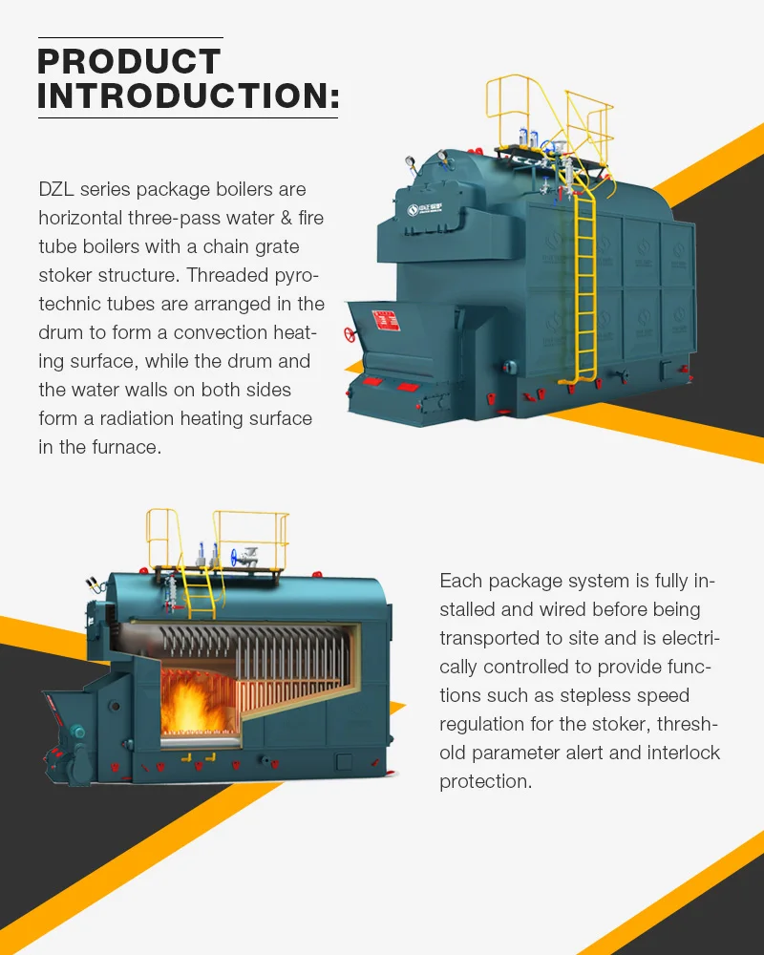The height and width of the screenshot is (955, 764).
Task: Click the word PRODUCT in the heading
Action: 129,62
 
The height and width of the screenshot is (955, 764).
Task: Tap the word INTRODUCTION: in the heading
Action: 188,96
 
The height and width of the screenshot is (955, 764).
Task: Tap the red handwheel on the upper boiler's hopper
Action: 350,335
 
